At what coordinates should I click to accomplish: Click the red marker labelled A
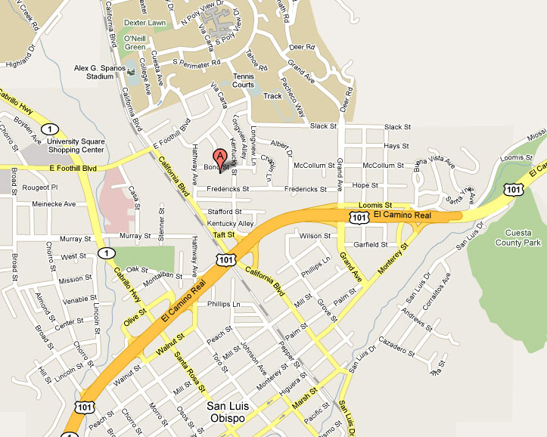click(221, 157)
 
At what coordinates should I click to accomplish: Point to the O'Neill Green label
click(135, 42)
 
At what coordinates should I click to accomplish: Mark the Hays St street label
click(396, 145)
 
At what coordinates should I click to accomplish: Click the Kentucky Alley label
click(230, 225)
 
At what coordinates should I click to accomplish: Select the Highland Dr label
click(22, 57)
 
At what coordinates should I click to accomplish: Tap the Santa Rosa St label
click(189, 370)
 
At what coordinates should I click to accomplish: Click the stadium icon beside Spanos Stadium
click(132, 72)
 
